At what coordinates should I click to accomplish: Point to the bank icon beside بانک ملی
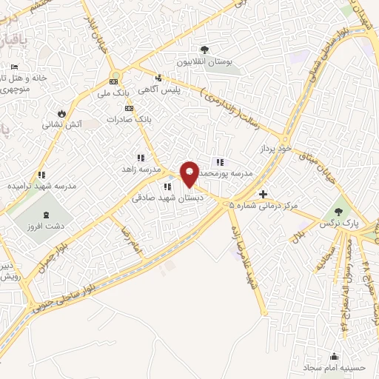click(x=114, y=82)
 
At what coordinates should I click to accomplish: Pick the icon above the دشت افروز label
click(x=47, y=215)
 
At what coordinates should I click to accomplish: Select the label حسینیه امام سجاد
click(x=333, y=367)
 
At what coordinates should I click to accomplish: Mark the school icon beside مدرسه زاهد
click(x=141, y=157)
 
